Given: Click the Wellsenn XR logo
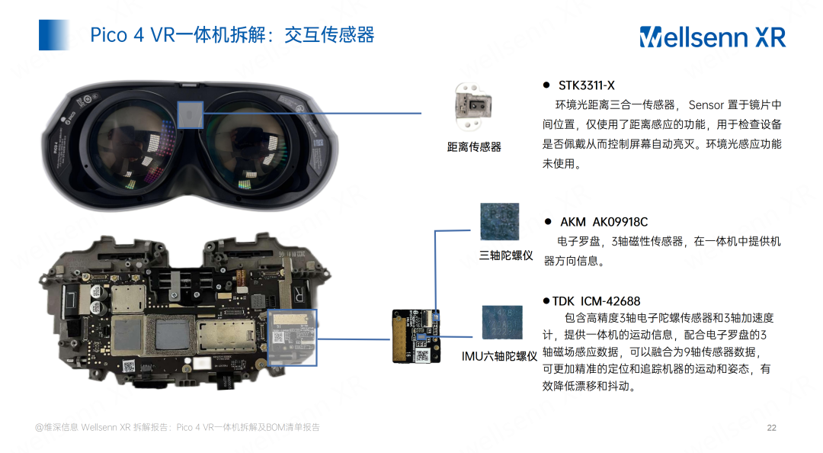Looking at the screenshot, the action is click(x=713, y=37).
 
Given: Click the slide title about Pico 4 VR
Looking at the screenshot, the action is click(x=232, y=34).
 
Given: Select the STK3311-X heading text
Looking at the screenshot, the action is click(x=586, y=85).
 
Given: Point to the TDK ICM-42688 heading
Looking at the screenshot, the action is click(x=596, y=301).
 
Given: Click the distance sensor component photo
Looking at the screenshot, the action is click(x=473, y=107).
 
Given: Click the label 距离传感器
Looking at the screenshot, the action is click(x=474, y=147).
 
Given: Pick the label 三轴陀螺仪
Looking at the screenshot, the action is click(x=506, y=255).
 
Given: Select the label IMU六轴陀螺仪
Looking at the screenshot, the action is click(x=499, y=356).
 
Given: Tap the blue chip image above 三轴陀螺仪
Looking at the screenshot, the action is click(x=499, y=222).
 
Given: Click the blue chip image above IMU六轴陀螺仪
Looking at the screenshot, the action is click(x=501, y=322).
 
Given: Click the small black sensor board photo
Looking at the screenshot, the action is click(x=416, y=336).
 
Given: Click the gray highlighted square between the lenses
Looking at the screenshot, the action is click(x=190, y=114).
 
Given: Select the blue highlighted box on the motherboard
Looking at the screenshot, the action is click(x=293, y=337).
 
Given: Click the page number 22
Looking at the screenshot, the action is click(x=771, y=428).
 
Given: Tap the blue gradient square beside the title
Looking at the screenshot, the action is click(x=54, y=34).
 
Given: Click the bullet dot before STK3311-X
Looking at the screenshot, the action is click(x=546, y=85).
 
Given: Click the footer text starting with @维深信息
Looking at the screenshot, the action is click(x=178, y=427).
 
